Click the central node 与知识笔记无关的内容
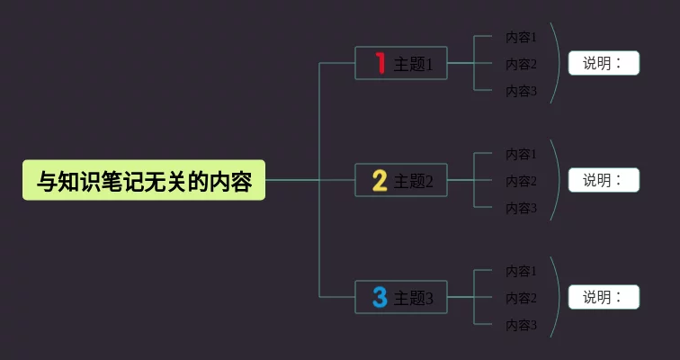144,181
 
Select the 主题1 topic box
401,64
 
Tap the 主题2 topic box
401,181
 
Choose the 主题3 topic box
401,298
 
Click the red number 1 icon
380,63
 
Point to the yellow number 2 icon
380,181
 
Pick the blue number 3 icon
380,297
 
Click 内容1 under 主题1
521,37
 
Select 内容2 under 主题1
521,64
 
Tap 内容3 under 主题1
521,91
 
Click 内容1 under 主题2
521,154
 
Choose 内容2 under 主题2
521,181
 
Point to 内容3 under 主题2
521,208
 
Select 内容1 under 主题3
521,271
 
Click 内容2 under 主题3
521,298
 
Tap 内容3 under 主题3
521,325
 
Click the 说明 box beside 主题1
604,63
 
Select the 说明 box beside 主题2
604,180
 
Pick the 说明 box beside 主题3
604,297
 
